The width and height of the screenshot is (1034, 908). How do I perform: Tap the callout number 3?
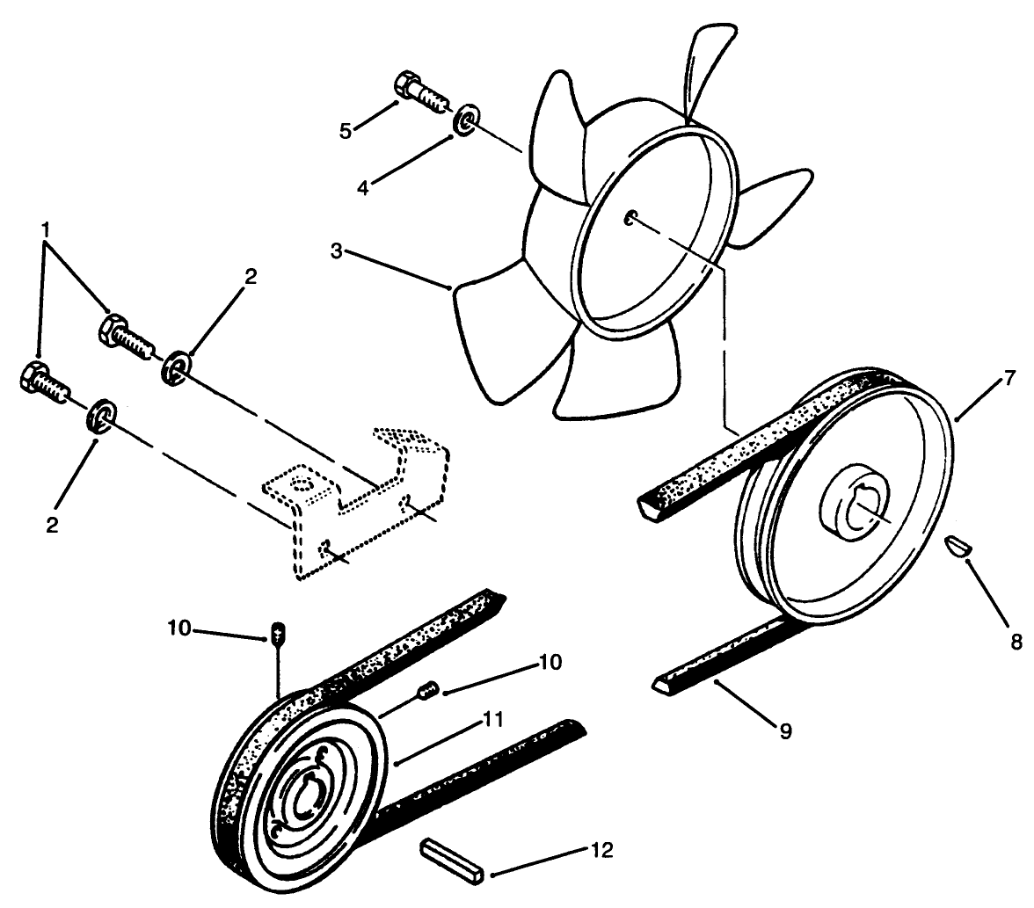tap(337, 251)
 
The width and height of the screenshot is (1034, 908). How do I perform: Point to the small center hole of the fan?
tap(630, 219)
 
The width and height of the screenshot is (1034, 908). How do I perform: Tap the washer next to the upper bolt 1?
tap(176, 366)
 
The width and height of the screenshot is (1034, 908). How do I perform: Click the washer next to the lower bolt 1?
tap(103, 414)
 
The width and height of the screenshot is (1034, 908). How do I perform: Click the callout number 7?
tap(1009, 379)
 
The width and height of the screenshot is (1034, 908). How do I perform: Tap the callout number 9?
tap(785, 729)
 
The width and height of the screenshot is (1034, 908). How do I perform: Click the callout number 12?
tap(601, 850)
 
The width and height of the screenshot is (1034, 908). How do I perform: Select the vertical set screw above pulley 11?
tap(278, 632)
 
